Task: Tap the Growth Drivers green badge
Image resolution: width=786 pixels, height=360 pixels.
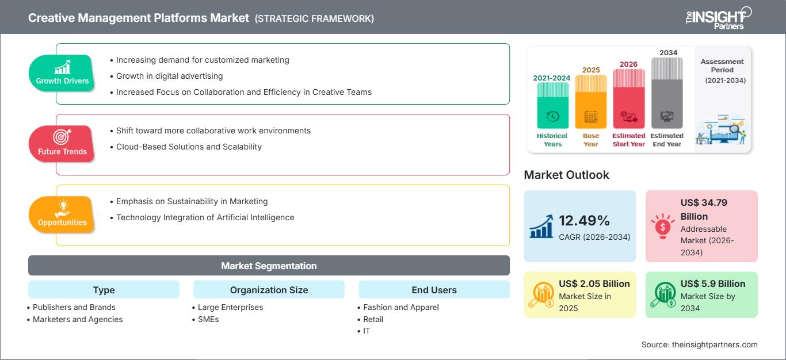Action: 62,73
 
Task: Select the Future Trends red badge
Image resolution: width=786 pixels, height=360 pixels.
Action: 62,144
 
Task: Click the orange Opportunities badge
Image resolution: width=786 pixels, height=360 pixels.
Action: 62,215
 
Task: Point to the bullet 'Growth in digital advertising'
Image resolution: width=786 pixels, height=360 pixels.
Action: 169,76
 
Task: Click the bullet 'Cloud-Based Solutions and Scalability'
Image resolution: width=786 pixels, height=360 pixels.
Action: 189,147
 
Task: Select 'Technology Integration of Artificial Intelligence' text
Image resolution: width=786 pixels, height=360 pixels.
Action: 205,217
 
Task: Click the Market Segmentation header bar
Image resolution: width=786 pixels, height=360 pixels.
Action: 269,266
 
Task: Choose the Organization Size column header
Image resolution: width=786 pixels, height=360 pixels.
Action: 269,290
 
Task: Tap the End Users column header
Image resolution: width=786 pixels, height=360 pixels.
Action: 434,290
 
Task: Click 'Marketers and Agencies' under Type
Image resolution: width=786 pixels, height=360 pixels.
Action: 78,319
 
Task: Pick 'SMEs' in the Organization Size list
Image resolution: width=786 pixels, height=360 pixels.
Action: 208,319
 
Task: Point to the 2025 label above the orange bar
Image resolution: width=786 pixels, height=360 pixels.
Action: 591,70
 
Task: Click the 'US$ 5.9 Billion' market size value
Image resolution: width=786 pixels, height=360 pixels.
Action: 713,284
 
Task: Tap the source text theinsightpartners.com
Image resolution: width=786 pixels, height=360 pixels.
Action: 699,344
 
